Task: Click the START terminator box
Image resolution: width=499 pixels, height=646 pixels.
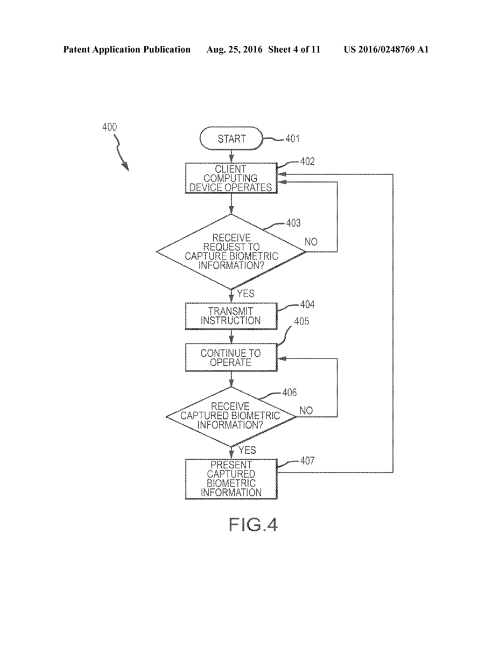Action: [x=231, y=139]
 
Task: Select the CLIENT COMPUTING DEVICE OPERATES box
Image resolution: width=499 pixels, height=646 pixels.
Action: [x=231, y=178]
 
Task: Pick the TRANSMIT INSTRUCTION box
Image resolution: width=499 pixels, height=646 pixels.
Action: [x=231, y=316]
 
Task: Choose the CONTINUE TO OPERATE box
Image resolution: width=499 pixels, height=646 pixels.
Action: [x=231, y=358]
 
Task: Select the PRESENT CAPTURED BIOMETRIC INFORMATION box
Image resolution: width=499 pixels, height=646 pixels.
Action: [x=231, y=478]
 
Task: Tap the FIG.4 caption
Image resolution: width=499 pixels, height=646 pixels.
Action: [x=253, y=524]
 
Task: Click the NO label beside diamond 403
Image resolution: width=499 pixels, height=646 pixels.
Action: [x=312, y=242]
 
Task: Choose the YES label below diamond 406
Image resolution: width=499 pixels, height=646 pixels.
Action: [x=247, y=450]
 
